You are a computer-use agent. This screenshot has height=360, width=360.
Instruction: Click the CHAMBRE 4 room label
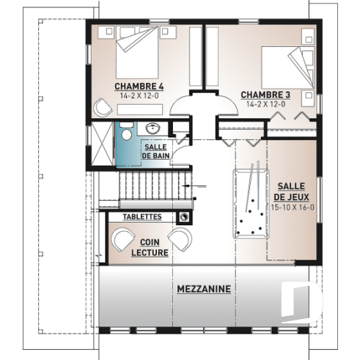pos(139,86)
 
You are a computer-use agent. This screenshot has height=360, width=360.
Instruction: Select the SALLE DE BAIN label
pos(155,152)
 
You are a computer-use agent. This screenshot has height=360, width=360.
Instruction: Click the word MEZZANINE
pos(203,289)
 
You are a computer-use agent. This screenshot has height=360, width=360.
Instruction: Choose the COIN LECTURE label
pos(150,246)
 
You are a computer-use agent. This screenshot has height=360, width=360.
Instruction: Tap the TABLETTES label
pos(142,217)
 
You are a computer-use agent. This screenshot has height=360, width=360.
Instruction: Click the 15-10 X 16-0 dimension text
pos(292,207)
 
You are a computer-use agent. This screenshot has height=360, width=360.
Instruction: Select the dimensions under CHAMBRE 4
pos(139,95)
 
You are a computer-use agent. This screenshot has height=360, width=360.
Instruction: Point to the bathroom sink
pos(154,129)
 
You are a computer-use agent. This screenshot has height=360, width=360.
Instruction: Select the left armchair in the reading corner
pos(120,240)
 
